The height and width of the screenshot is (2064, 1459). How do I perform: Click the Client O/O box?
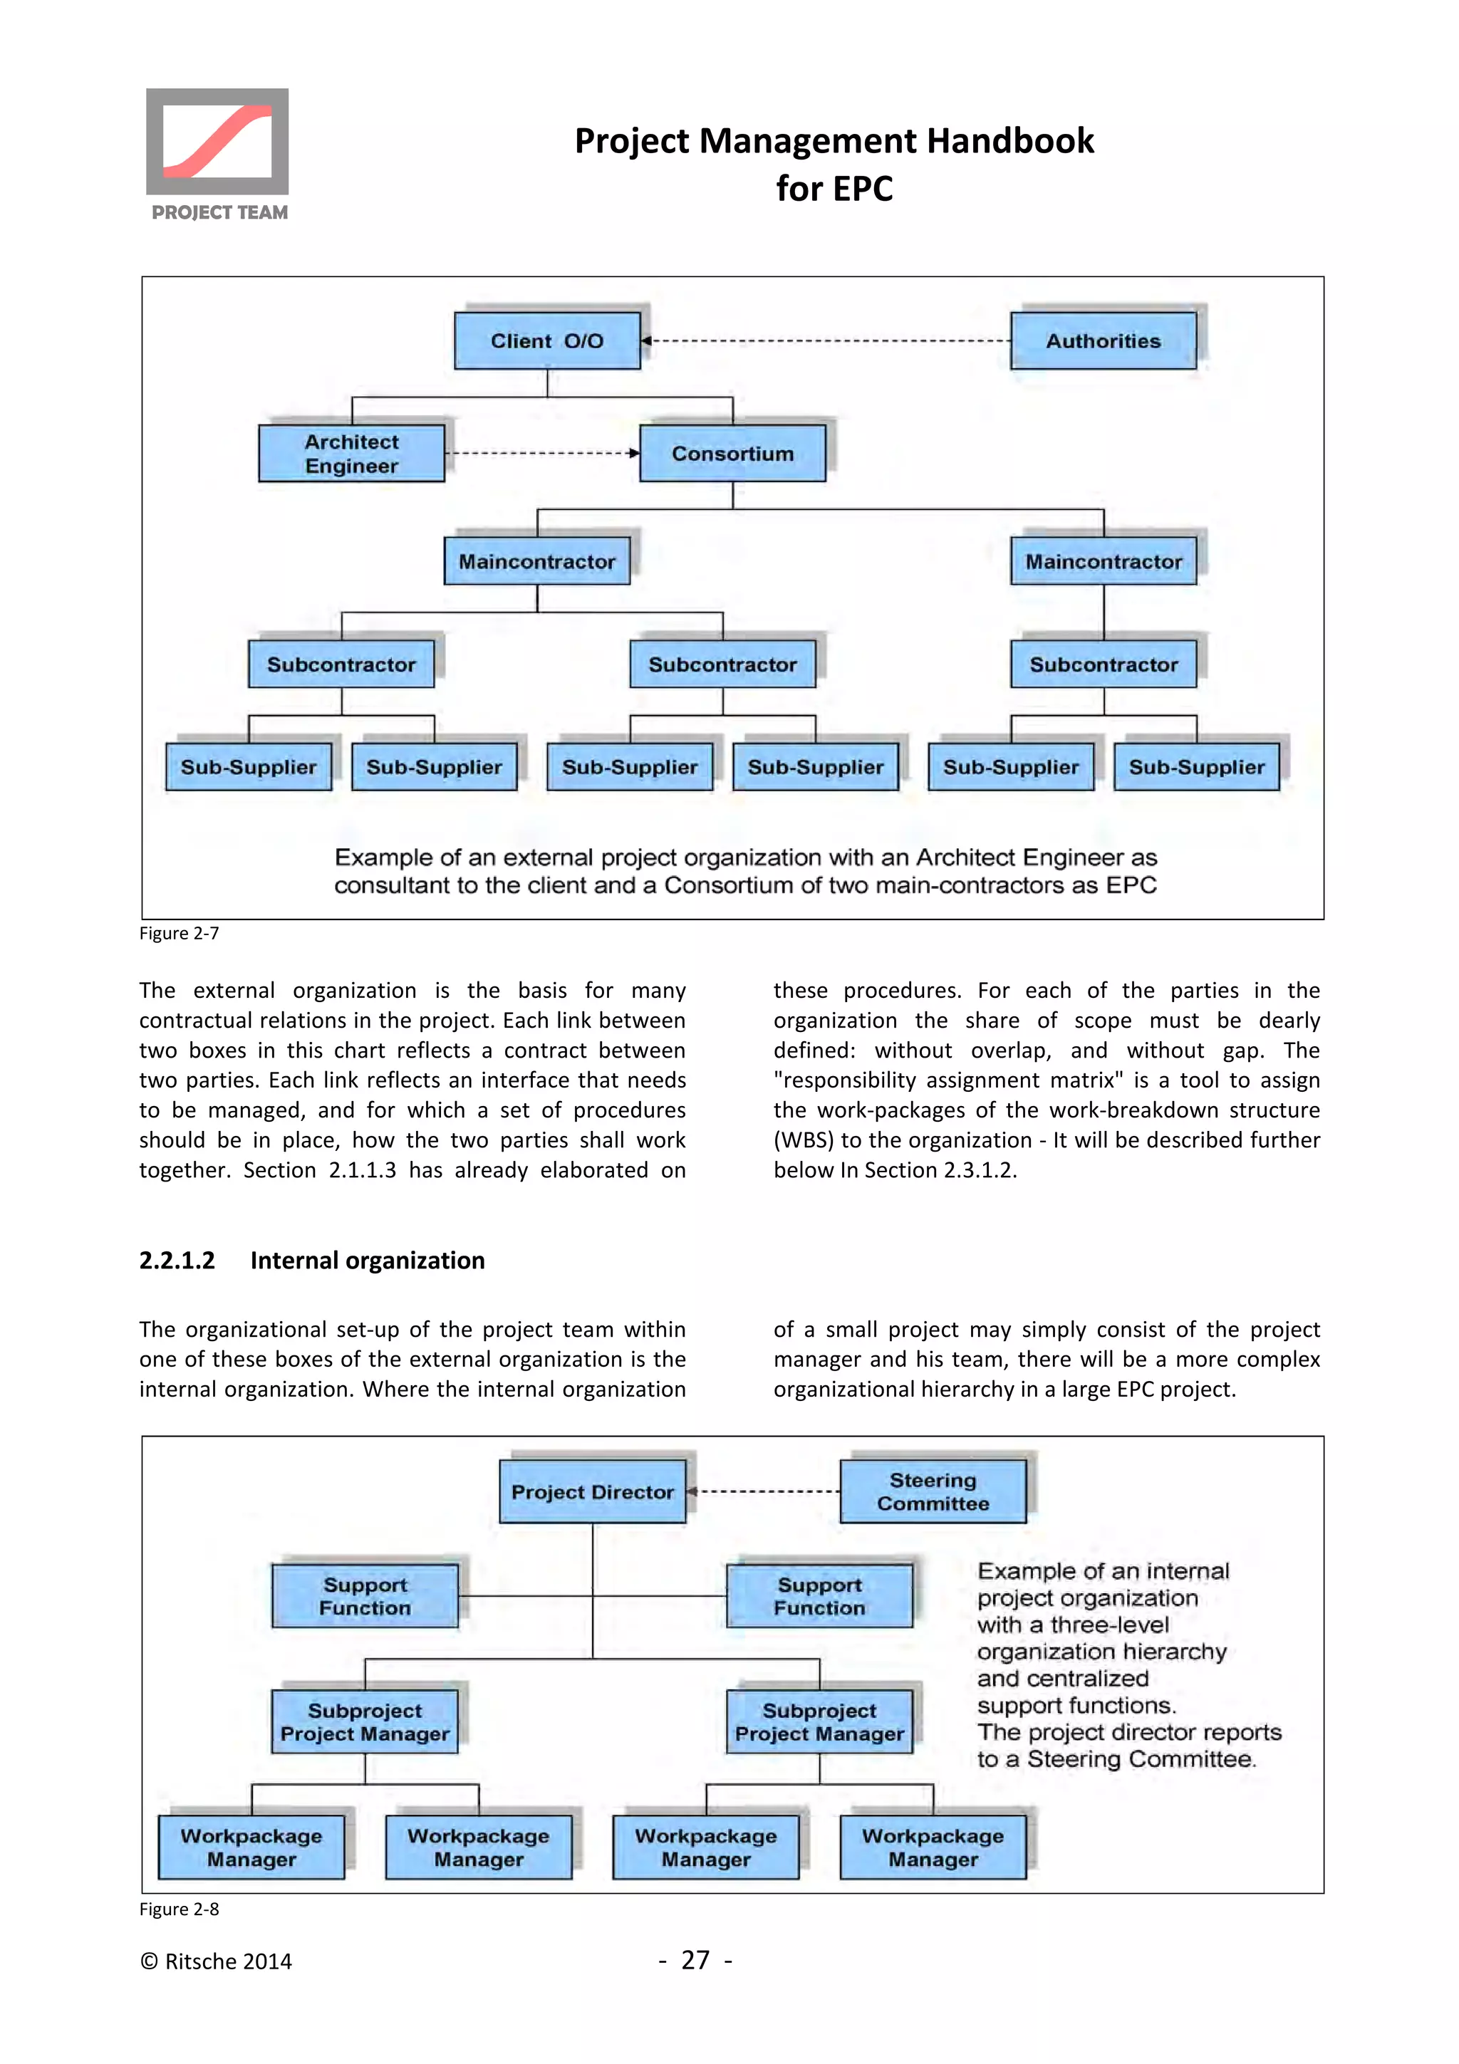click(x=546, y=340)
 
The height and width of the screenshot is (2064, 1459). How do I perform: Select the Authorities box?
click(x=1103, y=340)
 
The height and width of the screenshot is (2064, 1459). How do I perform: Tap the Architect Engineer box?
click(x=351, y=454)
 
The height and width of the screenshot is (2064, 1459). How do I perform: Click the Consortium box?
click(x=732, y=454)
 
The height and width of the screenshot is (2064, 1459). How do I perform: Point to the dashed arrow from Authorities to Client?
click(x=827, y=340)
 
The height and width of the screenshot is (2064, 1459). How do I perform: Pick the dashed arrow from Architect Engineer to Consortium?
click(x=542, y=453)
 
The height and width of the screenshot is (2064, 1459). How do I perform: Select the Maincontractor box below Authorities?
click(x=1103, y=562)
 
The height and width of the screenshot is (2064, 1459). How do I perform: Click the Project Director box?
click(x=593, y=1492)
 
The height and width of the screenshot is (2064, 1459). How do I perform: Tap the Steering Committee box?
click(x=933, y=1492)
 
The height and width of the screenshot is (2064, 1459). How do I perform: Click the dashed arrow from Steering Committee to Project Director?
click(x=764, y=1492)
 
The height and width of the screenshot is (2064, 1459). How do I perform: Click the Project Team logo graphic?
click(x=217, y=142)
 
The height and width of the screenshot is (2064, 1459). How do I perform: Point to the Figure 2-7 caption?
click(x=179, y=933)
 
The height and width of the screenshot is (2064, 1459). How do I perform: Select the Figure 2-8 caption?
click(x=179, y=1909)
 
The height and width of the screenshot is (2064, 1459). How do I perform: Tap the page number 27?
click(x=695, y=1961)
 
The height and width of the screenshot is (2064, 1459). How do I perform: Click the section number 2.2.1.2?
click(x=177, y=1261)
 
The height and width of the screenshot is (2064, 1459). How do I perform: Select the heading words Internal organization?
click(x=367, y=1261)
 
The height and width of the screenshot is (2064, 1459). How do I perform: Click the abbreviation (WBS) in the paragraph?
click(x=803, y=1140)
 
